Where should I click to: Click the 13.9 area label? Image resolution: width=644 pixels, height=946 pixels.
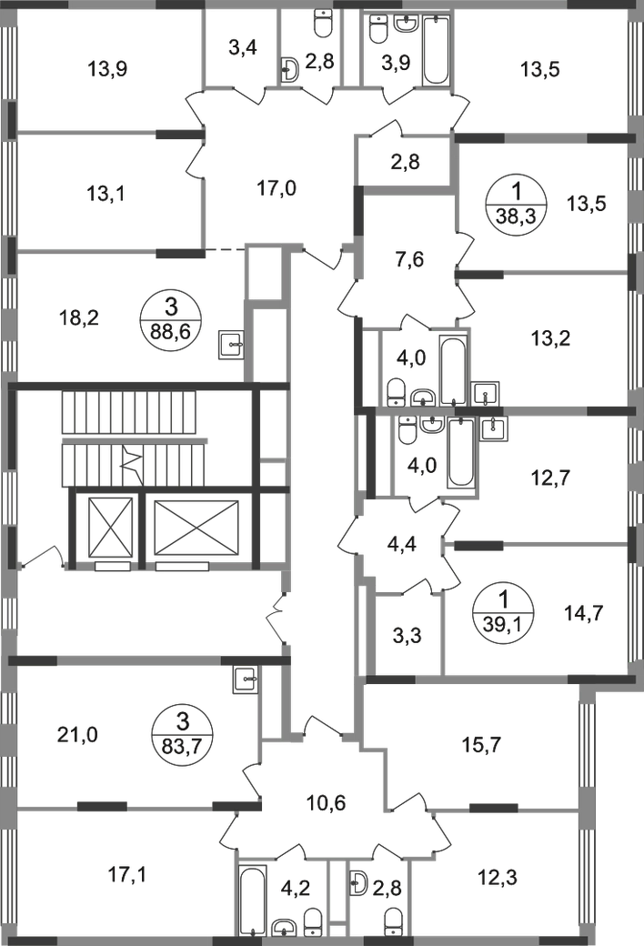point(106,67)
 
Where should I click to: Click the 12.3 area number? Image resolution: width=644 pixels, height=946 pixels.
point(494,879)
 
